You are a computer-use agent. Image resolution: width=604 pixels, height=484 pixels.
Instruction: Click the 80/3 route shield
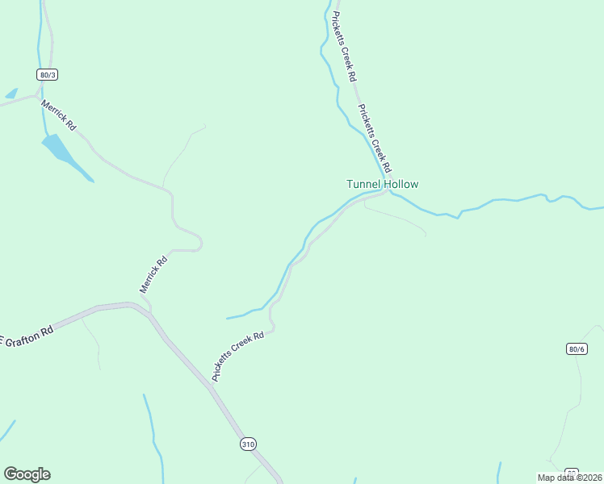click(48, 74)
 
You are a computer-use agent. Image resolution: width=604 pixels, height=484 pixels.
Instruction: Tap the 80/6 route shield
click(576, 348)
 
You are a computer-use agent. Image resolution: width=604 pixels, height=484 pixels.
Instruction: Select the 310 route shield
click(248, 444)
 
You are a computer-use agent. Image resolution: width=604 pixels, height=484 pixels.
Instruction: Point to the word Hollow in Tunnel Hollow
click(401, 184)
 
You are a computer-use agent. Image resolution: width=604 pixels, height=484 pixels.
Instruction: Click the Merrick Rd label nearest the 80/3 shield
click(60, 115)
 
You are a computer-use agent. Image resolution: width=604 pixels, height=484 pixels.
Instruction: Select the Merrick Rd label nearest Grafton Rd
click(153, 274)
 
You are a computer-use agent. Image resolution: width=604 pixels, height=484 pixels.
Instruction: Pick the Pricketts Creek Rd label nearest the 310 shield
click(238, 357)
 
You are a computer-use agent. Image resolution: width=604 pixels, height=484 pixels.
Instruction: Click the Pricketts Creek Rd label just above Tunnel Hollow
click(374, 138)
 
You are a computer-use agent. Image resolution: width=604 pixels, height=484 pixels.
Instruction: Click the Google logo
click(27, 474)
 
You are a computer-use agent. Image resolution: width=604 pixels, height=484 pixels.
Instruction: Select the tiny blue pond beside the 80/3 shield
click(11, 94)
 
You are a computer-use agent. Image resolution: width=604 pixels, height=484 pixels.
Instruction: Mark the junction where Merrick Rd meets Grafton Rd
click(146, 307)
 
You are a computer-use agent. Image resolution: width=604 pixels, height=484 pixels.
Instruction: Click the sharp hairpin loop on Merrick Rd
click(198, 243)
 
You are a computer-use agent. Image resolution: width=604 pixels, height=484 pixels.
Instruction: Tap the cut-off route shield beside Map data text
click(572, 471)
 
